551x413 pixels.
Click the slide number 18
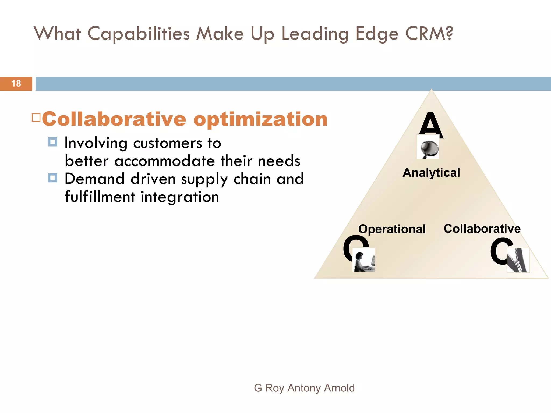[x=16, y=84]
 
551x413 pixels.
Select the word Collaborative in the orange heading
[x=114, y=119]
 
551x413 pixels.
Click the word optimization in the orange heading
[x=260, y=120]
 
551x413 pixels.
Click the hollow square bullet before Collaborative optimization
[x=36, y=118]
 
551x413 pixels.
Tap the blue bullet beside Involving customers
[x=52, y=142]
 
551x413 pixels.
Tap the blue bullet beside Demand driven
[x=52, y=178]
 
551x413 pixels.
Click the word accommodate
[x=165, y=161]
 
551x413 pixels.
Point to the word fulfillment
[x=100, y=197]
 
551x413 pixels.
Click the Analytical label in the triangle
[x=431, y=173]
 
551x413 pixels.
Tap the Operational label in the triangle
[x=392, y=229]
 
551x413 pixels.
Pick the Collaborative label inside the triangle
[x=482, y=229]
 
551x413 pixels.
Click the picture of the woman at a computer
[x=363, y=260]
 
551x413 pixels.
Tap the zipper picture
[x=518, y=260]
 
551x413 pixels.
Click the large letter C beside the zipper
[x=499, y=251]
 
